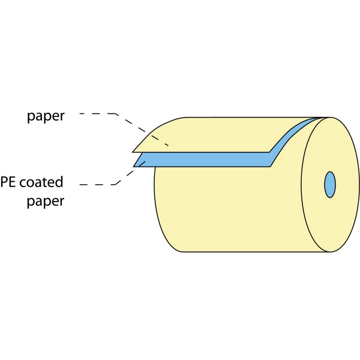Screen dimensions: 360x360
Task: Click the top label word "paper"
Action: [x=46, y=116]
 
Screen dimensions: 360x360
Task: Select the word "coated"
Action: [x=41, y=182]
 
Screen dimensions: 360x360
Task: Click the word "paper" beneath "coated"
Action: [x=46, y=202]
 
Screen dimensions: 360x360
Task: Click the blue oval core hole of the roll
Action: [x=330, y=185]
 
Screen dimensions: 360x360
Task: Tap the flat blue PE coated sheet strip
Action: [x=202, y=160]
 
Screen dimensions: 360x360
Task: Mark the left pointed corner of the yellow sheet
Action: [x=133, y=152]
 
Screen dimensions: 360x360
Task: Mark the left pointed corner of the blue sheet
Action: [x=134, y=166]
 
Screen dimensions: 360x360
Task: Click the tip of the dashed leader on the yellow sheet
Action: [x=169, y=146]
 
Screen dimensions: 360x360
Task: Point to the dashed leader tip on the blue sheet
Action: [x=145, y=161]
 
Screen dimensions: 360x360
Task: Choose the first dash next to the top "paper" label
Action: [x=83, y=113]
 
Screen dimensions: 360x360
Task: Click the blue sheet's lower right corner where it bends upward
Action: [x=270, y=166]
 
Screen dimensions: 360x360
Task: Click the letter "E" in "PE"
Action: [x=13, y=182]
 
